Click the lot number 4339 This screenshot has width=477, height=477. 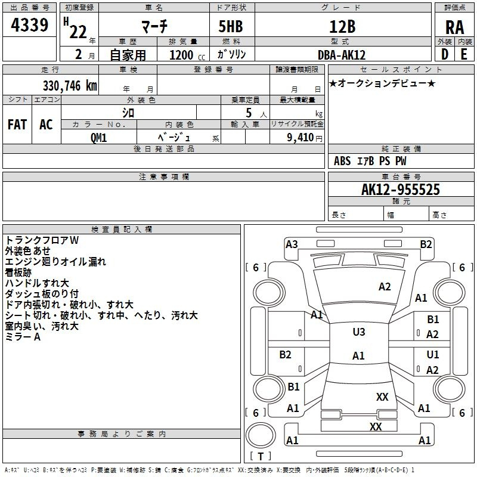click(29, 25)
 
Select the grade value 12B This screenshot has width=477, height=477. click(342, 26)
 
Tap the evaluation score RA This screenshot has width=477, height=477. click(454, 27)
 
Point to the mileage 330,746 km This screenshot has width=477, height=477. click(70, 86)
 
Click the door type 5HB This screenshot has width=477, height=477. click(231, 26)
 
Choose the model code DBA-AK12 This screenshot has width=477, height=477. click(342, 55)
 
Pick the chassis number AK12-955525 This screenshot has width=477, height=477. click(401, 190)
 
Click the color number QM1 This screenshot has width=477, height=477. click(98, 138)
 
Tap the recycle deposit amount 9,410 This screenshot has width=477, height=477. click(301, 138)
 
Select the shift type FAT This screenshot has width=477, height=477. click(17, 125)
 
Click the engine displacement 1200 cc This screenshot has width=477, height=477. click(187, 55)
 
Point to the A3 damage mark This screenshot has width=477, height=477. click(292, 244)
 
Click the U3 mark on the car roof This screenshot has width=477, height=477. click(359, 332)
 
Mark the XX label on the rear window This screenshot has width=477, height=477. click(382, 397)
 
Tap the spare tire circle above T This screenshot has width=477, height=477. click(261, 435)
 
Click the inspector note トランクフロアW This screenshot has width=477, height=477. click(42, 240)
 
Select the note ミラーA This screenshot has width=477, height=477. click(23, 337)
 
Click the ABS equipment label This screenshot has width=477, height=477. click(342, 161)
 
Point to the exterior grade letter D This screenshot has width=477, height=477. click(445, 54)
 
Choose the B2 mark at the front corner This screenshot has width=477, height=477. click(426, 244)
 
